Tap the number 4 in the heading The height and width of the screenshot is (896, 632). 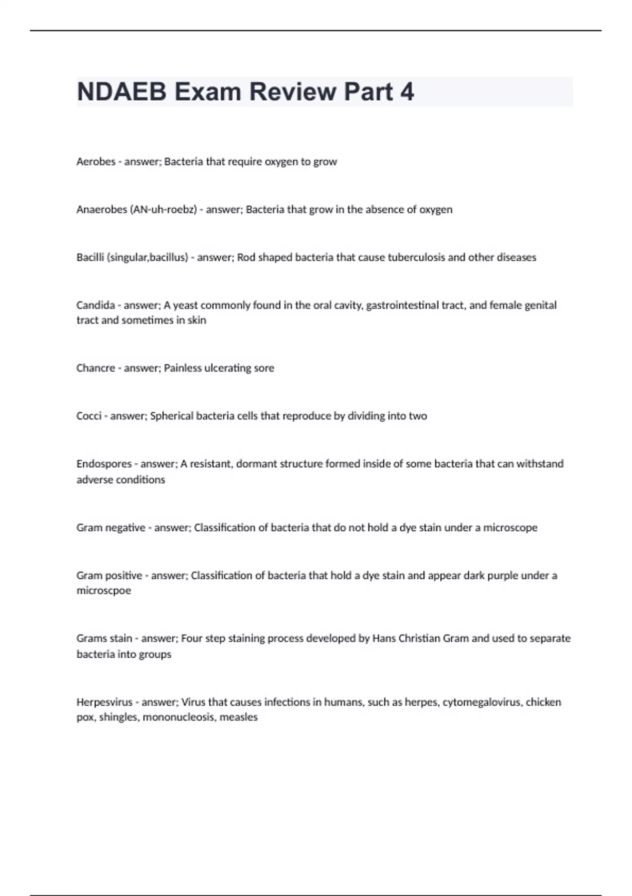click(407, 92)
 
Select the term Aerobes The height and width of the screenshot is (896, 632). click(95, 162)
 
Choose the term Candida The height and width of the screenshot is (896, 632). click(95, 305)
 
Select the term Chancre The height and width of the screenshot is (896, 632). click(95, 368)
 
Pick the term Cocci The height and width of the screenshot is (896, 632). click(88, 416)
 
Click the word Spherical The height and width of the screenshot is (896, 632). click(172, 416)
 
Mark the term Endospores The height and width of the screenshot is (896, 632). click(104, 464)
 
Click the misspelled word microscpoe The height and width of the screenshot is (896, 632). click(104, 590)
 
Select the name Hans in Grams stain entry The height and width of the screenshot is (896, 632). click(383, 638)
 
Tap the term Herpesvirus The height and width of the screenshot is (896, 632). click(104, 702)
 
